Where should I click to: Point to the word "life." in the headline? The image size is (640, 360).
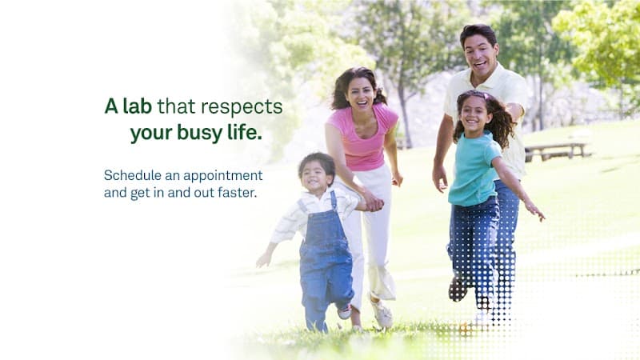(242, 133)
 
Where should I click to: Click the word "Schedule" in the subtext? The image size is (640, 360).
(130, 175)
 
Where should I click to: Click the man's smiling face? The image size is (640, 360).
(482, 54)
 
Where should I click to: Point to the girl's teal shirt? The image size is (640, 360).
(474, 169)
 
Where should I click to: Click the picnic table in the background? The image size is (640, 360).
(557, 150)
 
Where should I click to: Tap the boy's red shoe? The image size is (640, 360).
(344, 312)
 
